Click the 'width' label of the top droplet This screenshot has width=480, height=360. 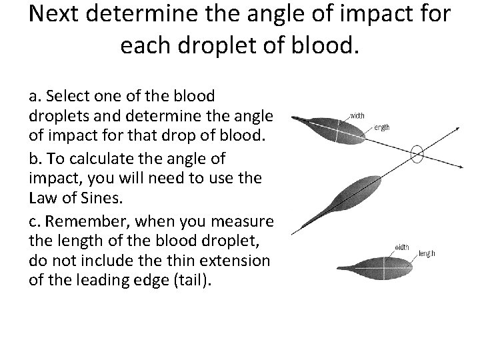pyautogui.click(x=357, y=115)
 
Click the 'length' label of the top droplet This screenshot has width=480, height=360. pyautogui.click(x=381, y=127)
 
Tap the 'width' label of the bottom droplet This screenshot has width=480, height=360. pyautogui.click(x=402, y=247)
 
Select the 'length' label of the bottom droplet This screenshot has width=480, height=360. pyautogui.click(x=427, y=253)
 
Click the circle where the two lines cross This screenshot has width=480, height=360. pyautogui.click(x=417, y=155)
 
